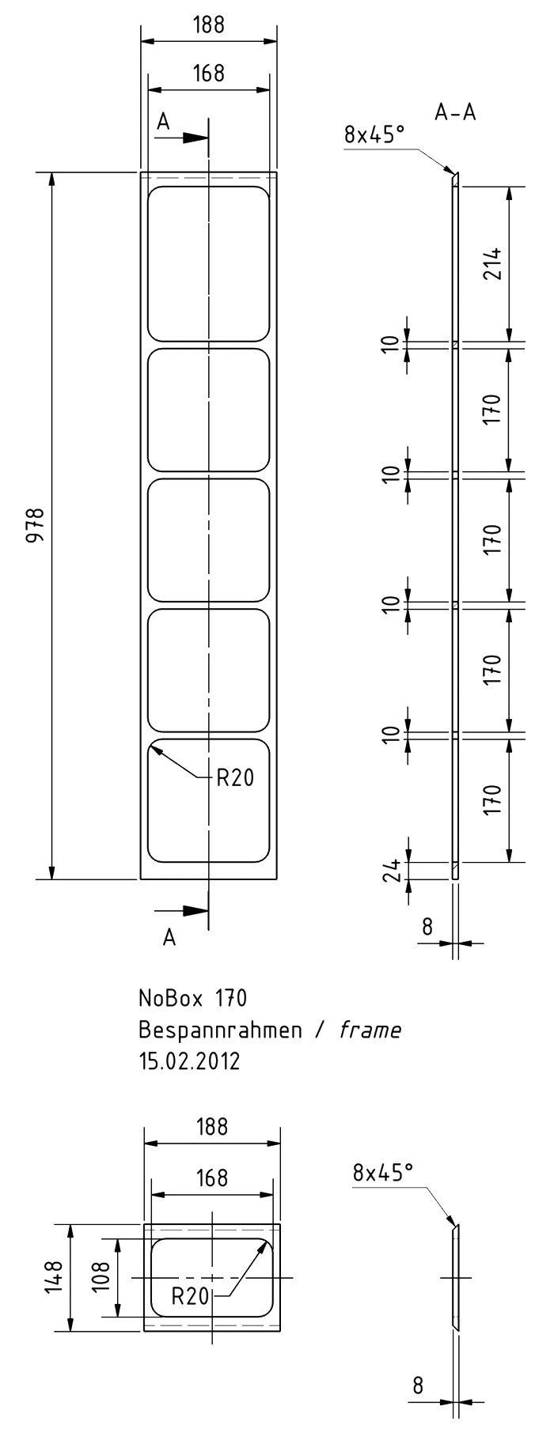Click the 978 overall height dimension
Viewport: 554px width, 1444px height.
click(x=34, y=525)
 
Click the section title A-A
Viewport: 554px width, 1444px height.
click(x=455, y=113)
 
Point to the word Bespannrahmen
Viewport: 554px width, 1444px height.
click(x=221, y=1030)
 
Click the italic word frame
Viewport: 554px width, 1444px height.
click(x=370, y=1030)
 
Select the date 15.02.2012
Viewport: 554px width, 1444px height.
click(x=189, y=1060)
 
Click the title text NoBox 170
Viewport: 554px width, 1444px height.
click(x=193, y=998)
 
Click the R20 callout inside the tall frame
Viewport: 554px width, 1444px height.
click(x=235, y=778)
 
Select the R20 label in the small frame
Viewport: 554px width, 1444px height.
click(x=190, y=1296)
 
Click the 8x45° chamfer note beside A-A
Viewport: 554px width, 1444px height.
click(x=374, y=135)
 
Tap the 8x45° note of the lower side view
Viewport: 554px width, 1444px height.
click(x=383, y=1172)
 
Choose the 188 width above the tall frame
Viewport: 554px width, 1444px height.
click(x=209, y=25)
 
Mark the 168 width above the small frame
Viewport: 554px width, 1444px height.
click(x=211, y=1178)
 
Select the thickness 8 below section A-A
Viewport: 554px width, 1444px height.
click(x=427, y=926)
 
